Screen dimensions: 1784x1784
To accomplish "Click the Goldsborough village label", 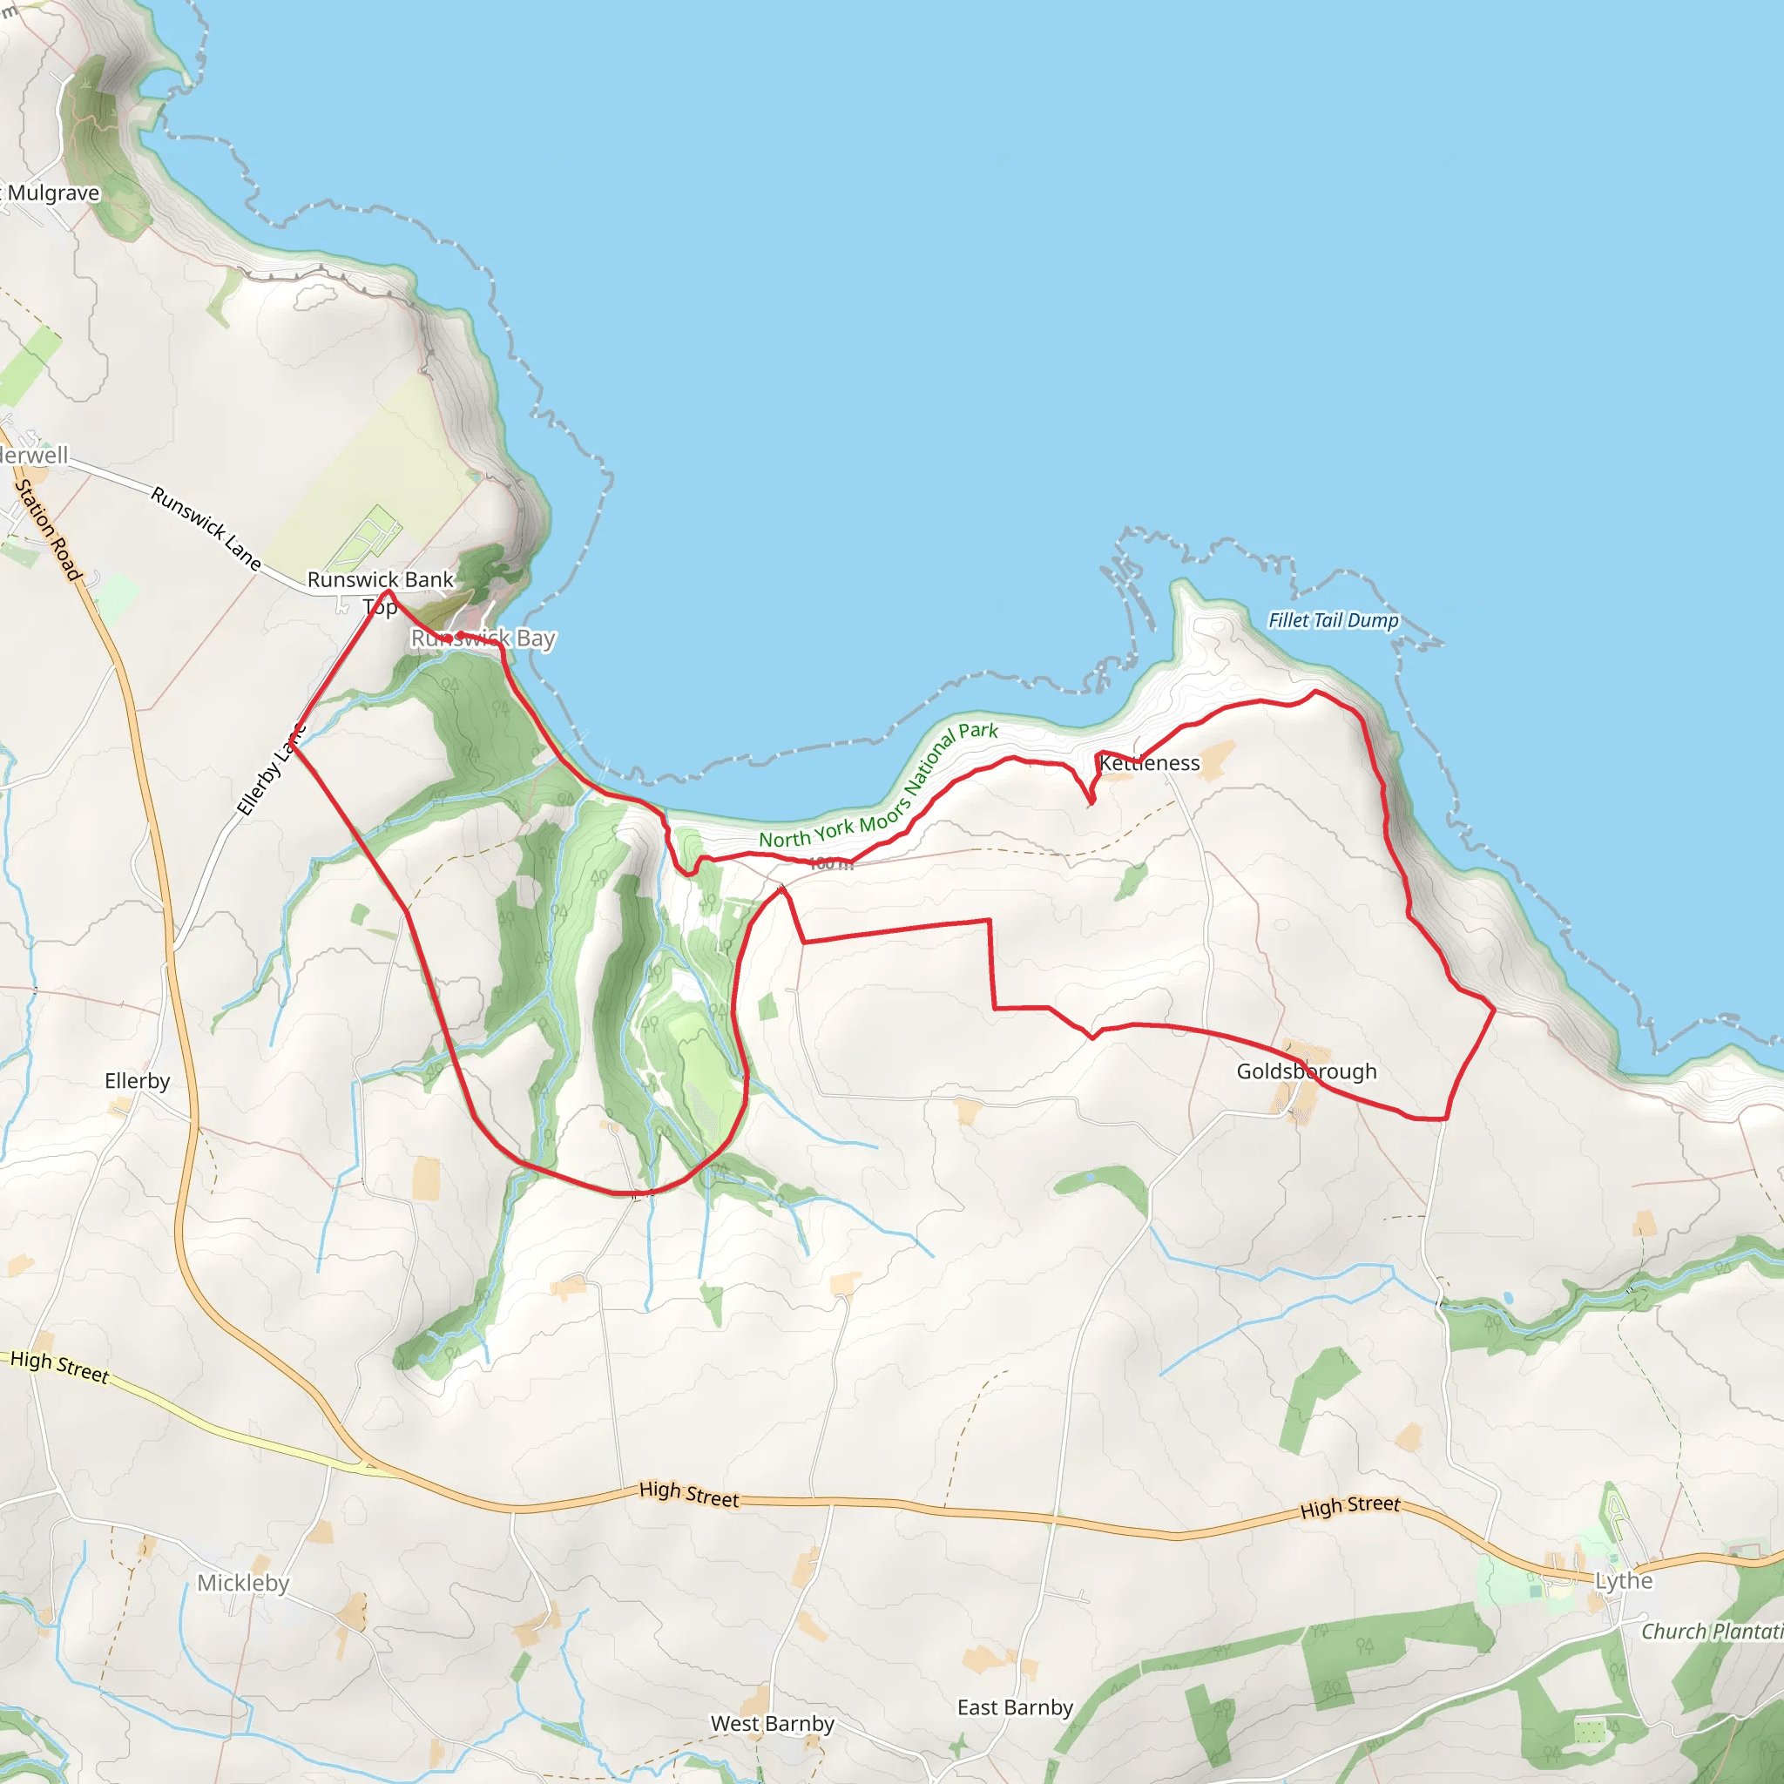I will pyautogui.click(x=1306, y=1071).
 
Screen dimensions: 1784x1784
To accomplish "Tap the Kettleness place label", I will pyautogui.click(x=1150, y=763).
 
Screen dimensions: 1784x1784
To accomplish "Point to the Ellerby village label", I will pyautogui.click(x=137, y=1080).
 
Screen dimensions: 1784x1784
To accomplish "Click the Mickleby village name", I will pyautogui.click(x=243, y=1583).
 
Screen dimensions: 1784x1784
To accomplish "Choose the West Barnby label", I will pyautogui.click(x=772, y=1723).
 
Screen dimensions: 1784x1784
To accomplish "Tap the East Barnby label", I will pyautogui.click(x=1015, y=1707).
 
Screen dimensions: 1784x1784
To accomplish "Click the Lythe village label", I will pyautogui.click(x=1624, y=1580).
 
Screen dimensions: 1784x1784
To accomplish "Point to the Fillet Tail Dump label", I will pyautogui.click(x=1333, y=619).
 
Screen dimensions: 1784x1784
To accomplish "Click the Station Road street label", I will pyautogui.click(x=48, y=529).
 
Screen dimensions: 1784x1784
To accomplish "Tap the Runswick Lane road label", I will pyautogui.click(x=206, y=528).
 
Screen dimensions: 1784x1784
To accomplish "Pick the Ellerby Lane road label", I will pyautogui.click(x=270, y=771).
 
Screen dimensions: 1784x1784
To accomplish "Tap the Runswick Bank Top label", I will pyautogui.click(x=381, y=591).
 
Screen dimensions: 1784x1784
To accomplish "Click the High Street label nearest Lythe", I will pyautogui.click(x=1350, y=1508).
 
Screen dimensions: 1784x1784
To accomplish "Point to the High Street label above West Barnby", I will pyautogui.click(x=689, y=1494).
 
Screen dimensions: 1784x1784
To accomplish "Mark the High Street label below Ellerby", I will pyautogui.click(x=59, y=1366).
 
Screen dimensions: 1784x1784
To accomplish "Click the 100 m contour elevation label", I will pyautogui.click(x=830, y=863).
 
